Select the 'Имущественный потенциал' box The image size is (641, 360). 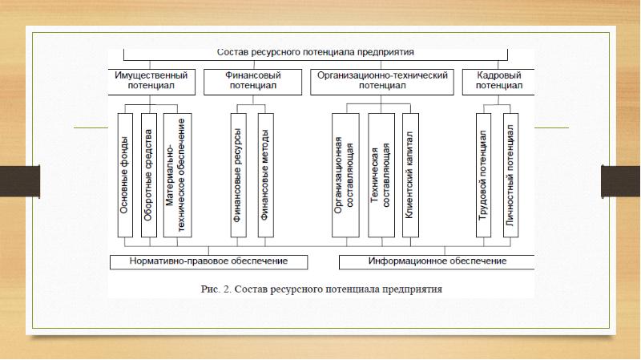[151, 79]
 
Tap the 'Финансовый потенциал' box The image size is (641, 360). [251, 79]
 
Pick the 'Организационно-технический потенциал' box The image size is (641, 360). [381, 79]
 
